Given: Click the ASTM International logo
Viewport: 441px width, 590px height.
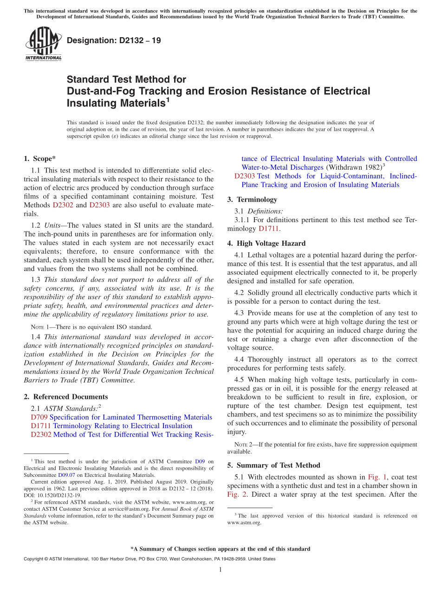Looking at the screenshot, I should point(43,44).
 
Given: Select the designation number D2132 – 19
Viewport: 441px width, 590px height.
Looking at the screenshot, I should point(114,40).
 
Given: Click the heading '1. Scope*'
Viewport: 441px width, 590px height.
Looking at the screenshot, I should point(40,159).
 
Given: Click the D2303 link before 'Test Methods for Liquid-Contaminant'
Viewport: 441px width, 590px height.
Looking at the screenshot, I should point(244,176).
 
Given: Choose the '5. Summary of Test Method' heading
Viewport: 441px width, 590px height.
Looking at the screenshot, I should point(273,465).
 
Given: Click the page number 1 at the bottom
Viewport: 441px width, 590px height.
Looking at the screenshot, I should point(220,570).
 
